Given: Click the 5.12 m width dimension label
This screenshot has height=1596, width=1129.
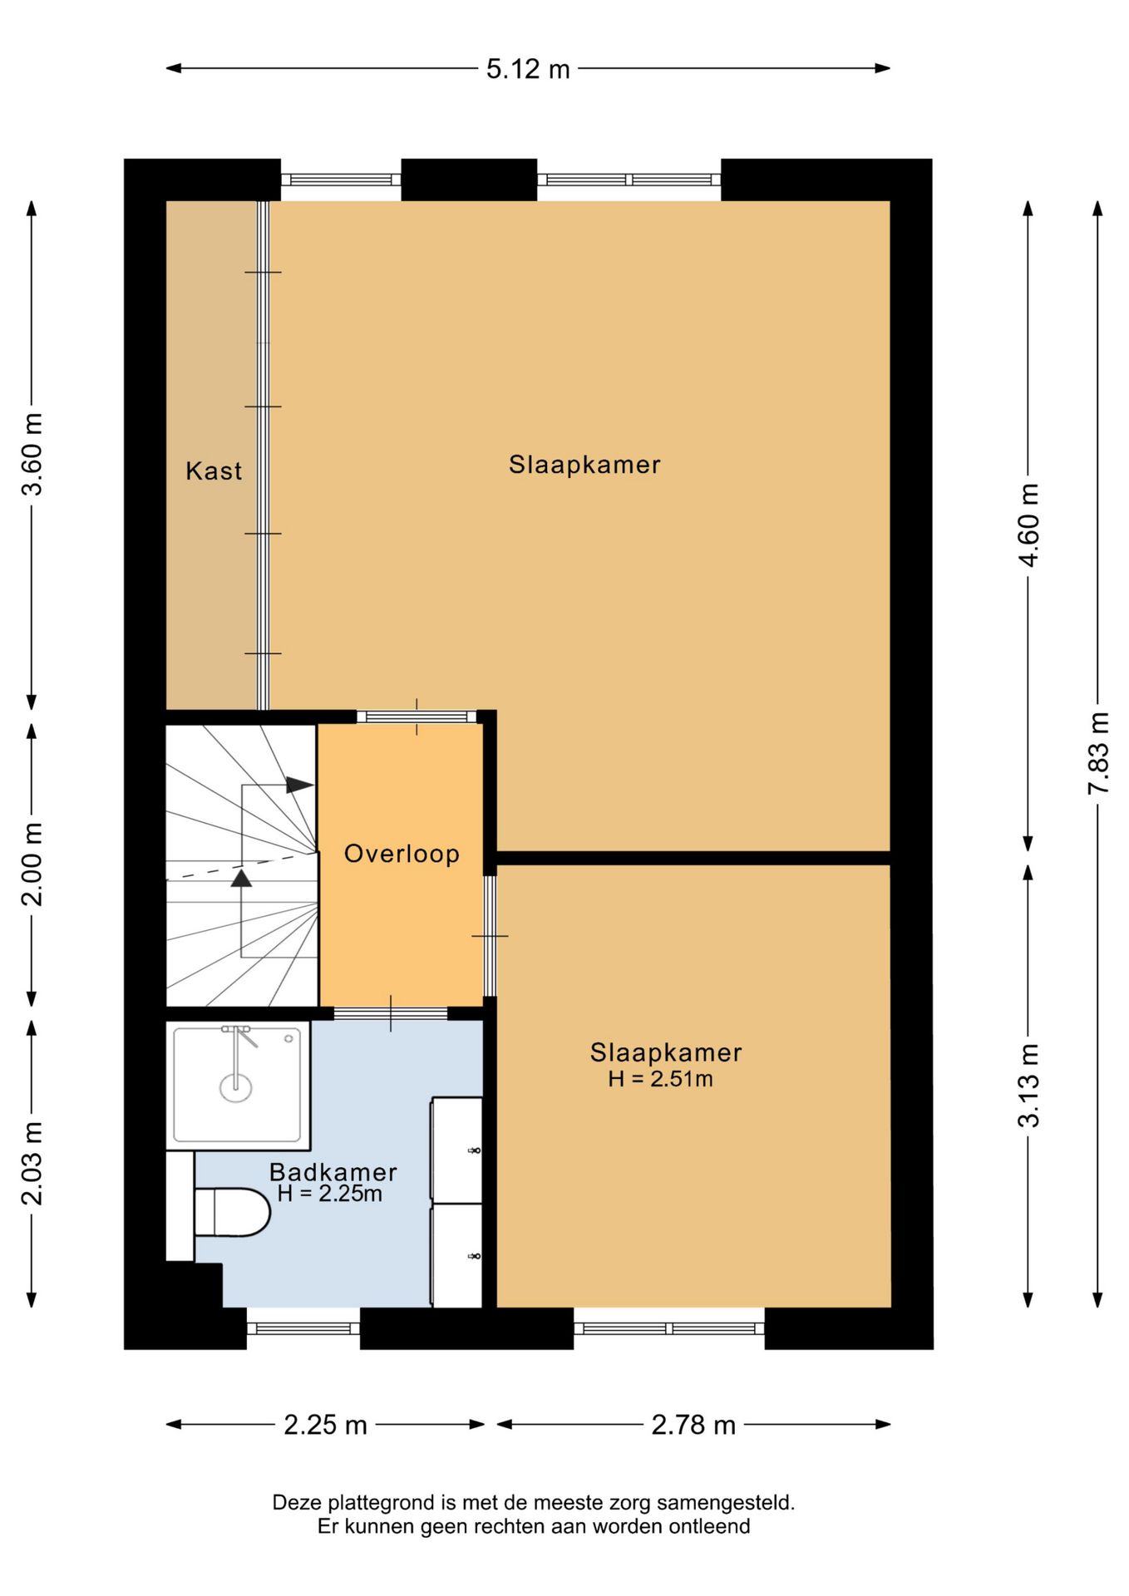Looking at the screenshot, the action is pyautogui.click(x=528, y=69).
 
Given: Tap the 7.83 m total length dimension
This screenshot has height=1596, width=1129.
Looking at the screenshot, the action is pyautogui.click(x=1098, y=753).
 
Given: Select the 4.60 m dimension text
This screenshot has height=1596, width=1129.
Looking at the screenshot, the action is pyautogui.click(x=1028, y=525).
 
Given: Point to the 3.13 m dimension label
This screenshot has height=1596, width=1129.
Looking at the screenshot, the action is pyautogui.click(x=1028, y=1086).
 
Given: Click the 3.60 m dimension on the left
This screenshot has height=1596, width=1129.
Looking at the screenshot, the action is pyautogui.click(x=32, y=454).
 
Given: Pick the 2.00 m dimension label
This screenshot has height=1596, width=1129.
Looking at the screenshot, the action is pyautogui.click(x=32, y=864).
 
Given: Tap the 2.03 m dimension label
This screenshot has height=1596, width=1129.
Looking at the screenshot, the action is pyautogui.click(x=32, y=1163).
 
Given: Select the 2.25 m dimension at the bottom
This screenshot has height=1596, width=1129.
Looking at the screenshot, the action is pyautogui.click(x=325, y=1425).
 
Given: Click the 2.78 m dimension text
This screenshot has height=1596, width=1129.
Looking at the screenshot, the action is pyautogui.click(x=693, y=1425).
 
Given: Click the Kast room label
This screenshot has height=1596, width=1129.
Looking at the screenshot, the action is pyautogui.click(x=214, y=471).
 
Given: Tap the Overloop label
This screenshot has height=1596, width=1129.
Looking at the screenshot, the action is pyautogui.click(x=402, y=854).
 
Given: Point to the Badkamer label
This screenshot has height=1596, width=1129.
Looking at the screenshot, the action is pyautogui.click(x=333, y=1172).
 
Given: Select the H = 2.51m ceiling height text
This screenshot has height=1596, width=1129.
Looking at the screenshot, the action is pyautogui.click(x=660, y=1079).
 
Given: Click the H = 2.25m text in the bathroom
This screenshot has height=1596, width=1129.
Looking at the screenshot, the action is pyautogui.click(x=329, y=1194).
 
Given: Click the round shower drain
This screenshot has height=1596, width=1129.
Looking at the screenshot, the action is pyautogui.click(x=236, y=1087).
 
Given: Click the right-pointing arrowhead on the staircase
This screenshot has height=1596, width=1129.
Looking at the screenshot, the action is pyautogui.click(x=300, y=785).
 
